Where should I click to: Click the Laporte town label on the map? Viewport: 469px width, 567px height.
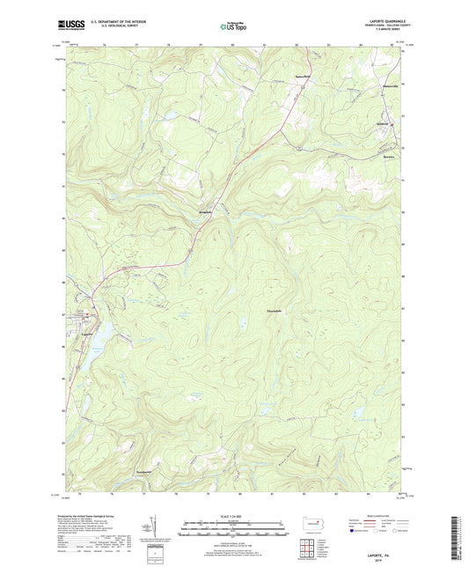click(87, 334)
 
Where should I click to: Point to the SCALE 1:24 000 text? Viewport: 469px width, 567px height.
click(234, 516)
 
